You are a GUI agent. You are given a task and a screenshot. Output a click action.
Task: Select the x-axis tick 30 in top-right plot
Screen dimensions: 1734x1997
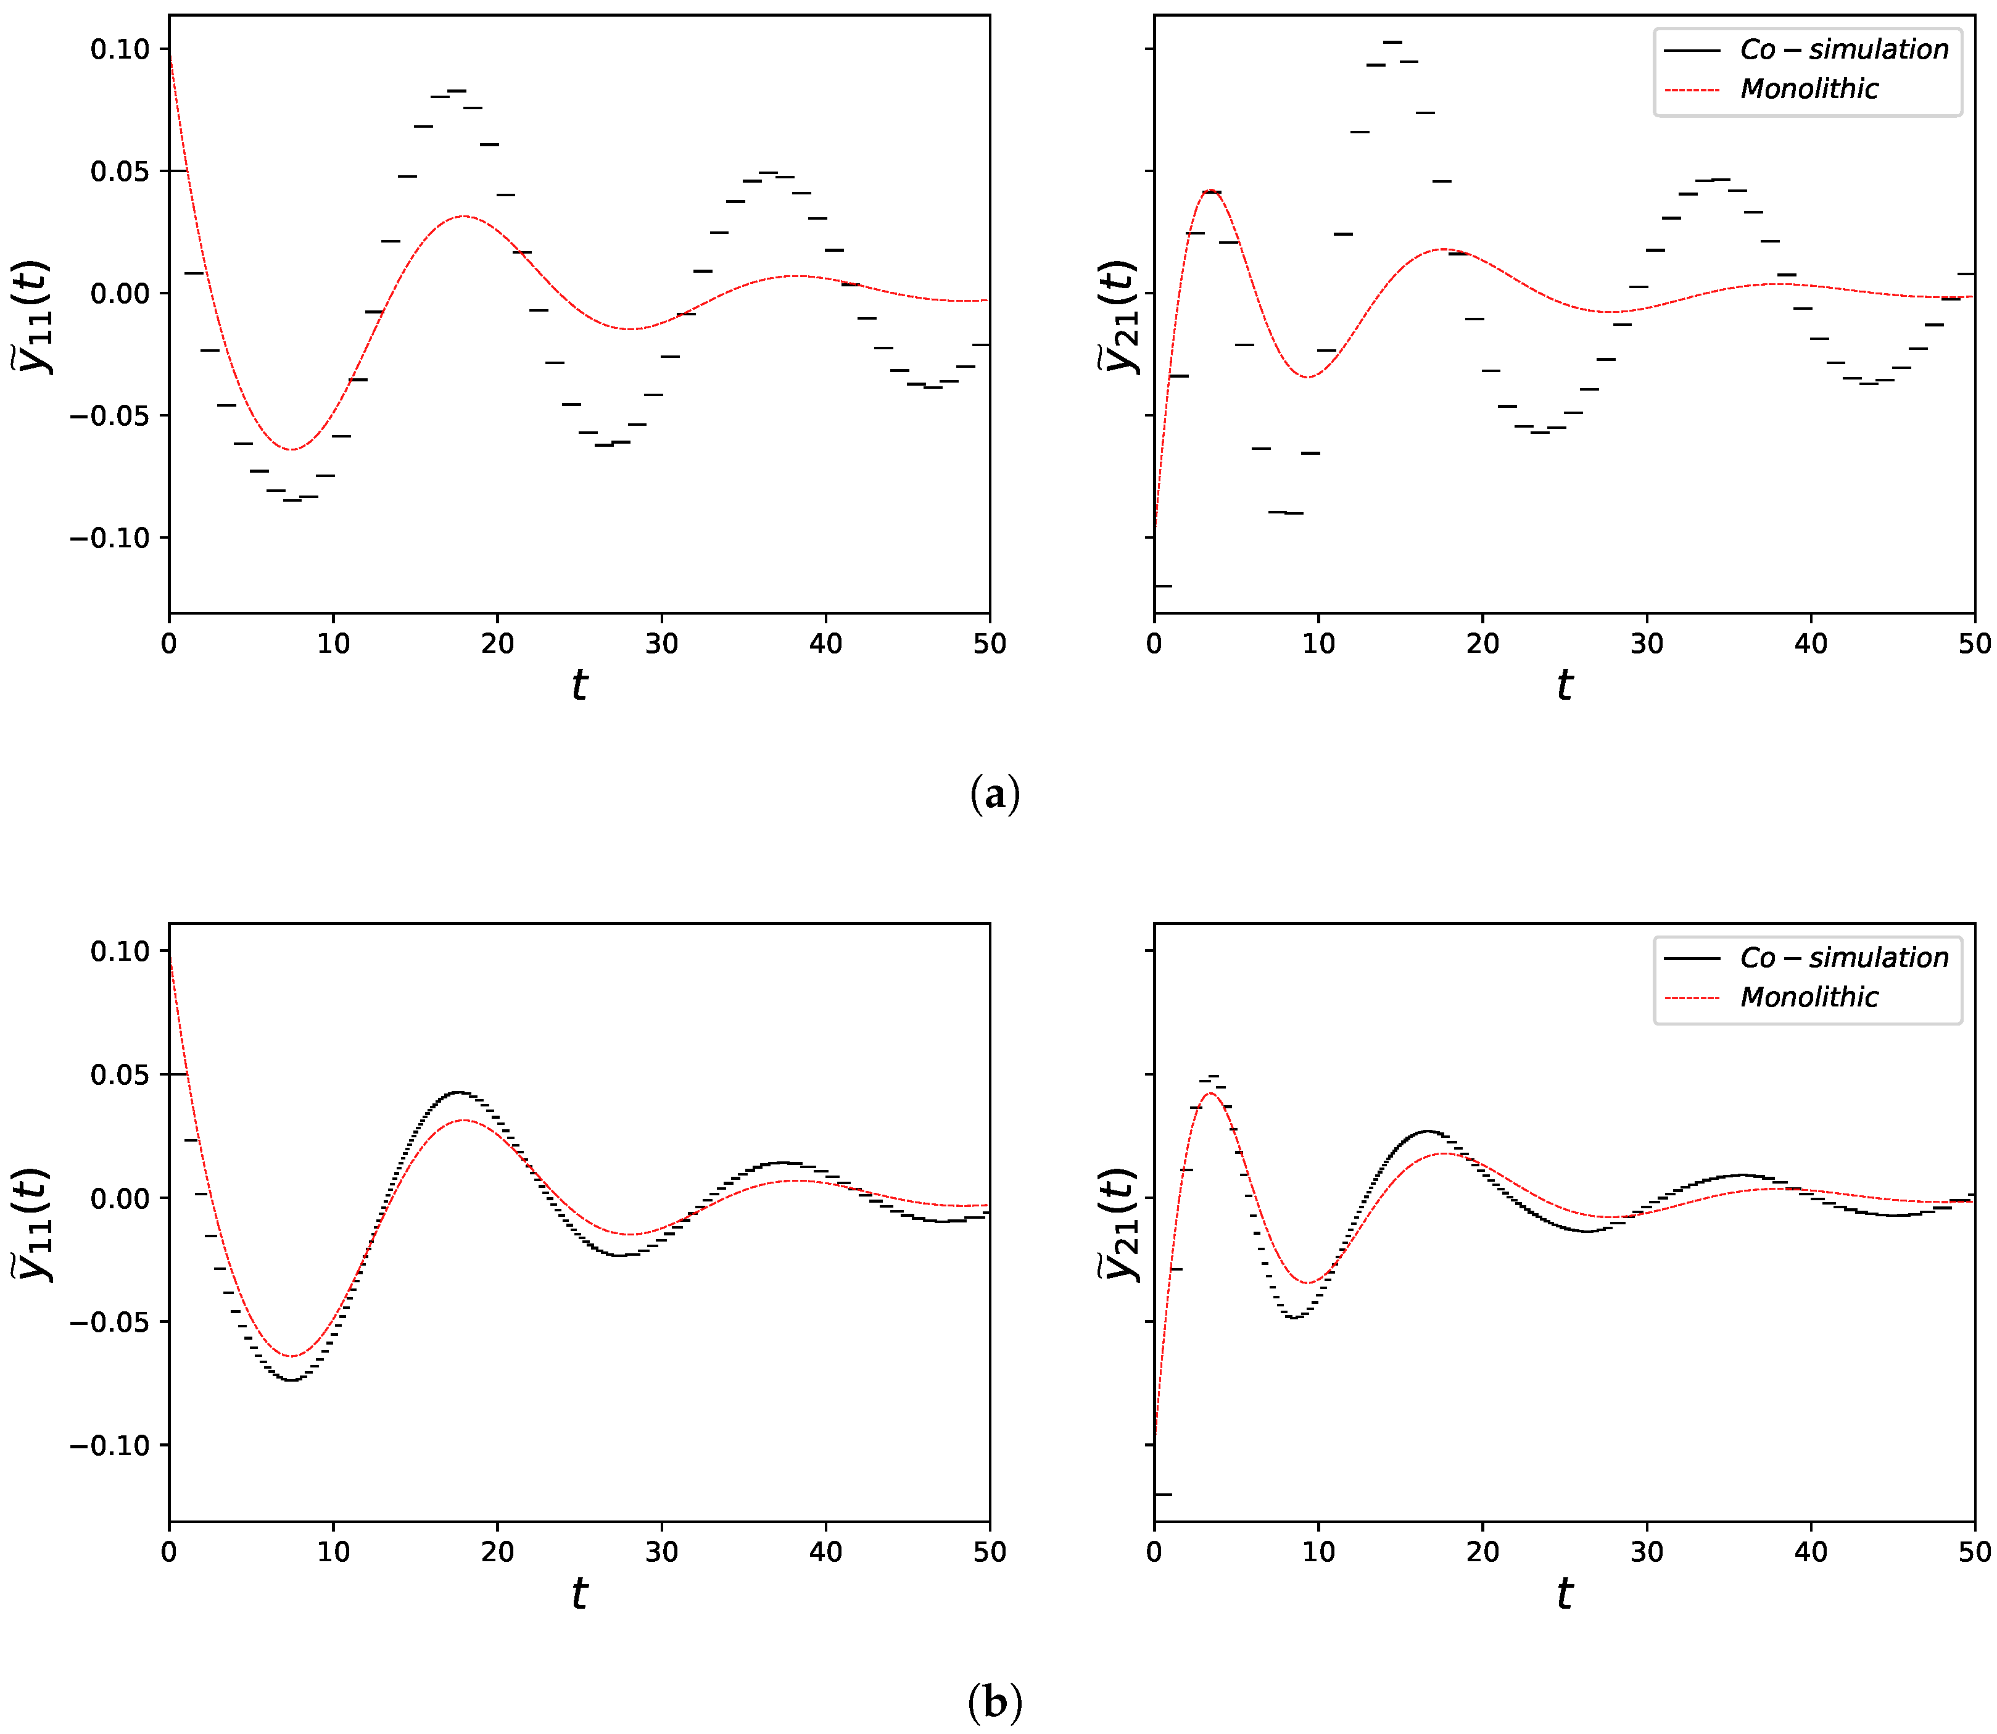pos(1646,644)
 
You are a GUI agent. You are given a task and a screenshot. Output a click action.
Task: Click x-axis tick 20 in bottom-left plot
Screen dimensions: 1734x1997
pos(497,1552)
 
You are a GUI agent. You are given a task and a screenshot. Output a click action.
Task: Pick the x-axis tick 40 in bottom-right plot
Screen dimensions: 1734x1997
pos(1810,1552)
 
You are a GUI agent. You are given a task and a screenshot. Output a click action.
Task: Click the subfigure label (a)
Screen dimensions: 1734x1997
pos(994,794)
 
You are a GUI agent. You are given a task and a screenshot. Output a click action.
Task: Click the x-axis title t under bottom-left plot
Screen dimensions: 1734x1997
pos(579,1594)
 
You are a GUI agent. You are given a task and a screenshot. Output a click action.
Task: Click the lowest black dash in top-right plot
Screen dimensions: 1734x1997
pos(1163,586)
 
